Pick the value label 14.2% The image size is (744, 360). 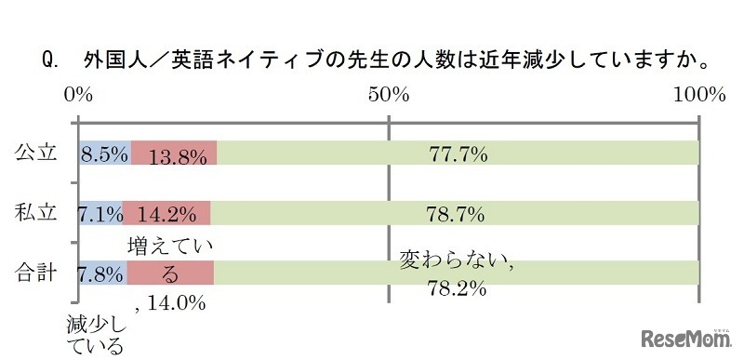(x=166, y=215)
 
